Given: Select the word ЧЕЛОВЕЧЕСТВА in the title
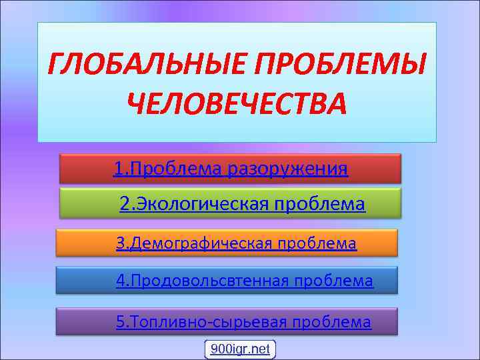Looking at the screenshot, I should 237,104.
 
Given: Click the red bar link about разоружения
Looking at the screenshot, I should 230,169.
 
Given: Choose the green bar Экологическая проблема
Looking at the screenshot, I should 230,203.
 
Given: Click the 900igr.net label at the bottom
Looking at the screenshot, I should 240,349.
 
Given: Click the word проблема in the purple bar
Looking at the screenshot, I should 337,322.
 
